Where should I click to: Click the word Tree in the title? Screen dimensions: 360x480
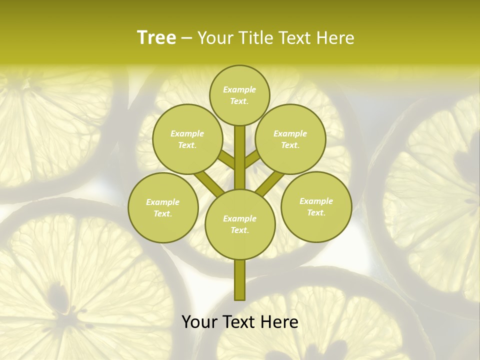point(156,38)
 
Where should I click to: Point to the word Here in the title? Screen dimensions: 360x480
point(336,38)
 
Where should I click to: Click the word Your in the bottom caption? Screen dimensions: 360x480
point(200,322)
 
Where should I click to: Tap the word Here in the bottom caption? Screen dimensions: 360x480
point(280,322)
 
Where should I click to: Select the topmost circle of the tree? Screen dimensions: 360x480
point(239,95)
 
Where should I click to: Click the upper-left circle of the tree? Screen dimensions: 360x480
point(187,139)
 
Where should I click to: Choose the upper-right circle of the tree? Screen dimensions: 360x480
point(290,139)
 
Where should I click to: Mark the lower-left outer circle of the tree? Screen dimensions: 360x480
point(163,207)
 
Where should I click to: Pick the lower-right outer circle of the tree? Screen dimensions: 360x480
point(316,206)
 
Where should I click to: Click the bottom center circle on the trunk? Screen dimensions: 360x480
point(240,224)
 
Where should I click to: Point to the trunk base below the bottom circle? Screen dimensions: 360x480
point(240,280)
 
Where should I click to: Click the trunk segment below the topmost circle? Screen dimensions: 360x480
point(240,150)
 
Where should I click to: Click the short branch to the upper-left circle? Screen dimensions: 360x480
point(227,160)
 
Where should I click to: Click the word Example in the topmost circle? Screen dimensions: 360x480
point(239,89)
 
